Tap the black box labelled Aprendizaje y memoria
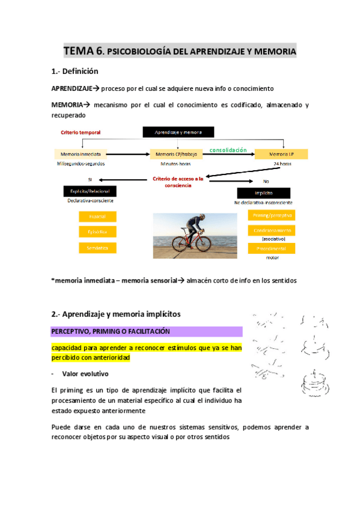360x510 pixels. click(x=178, y=132)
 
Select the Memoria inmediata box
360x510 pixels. click(x=79, y=154)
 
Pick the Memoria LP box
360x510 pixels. click(x=281, y=154)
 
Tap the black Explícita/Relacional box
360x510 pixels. click(x=89, y=191)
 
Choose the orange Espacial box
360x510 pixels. click(x=97, y=217)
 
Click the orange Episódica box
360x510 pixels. click(x=97, y=232)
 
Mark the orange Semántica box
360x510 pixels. click(x=97, y=248)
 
